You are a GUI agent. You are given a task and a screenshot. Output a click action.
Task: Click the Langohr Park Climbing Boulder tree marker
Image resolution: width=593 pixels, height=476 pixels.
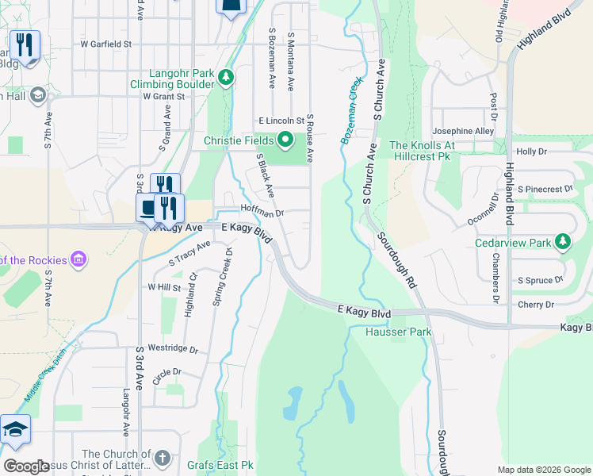(x=227, y=77)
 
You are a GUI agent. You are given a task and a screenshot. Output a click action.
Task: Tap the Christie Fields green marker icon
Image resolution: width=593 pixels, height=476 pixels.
(x=285, y=140)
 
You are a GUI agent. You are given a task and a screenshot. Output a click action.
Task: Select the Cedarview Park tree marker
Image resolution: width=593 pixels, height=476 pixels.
(x=562, y=241)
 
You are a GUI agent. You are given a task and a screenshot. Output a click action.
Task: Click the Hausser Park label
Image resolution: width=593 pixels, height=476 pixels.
(x=398, y=332)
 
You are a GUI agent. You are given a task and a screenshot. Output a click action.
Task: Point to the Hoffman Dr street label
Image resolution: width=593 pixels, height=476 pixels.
(x=262, y=213)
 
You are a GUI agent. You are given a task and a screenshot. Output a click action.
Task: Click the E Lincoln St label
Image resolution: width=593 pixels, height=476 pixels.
(x=281, y=121)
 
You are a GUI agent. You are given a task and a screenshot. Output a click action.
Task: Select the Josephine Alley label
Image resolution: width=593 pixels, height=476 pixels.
(x=463, y=131)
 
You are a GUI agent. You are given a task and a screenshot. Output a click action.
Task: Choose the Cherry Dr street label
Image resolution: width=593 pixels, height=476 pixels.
(x=536, y=305)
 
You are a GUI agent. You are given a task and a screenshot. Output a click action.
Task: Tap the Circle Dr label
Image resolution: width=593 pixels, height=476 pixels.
(x=166, y=371)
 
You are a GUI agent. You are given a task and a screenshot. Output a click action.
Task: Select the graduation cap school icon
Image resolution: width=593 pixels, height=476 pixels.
(x=15, y=430)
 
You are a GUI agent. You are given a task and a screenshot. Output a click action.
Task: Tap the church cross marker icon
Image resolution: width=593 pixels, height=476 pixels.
(x=162, y=458)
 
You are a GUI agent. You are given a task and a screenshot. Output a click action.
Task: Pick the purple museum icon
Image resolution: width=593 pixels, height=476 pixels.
(x=78, y=259)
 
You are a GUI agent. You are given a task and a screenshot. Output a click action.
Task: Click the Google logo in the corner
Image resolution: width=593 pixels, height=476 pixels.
(x=26, y=466)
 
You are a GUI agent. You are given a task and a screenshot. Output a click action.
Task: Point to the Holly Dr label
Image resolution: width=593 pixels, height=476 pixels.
(x=531, y=151)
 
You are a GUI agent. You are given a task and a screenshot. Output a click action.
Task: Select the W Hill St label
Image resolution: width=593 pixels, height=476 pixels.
(x=164, y=287)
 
